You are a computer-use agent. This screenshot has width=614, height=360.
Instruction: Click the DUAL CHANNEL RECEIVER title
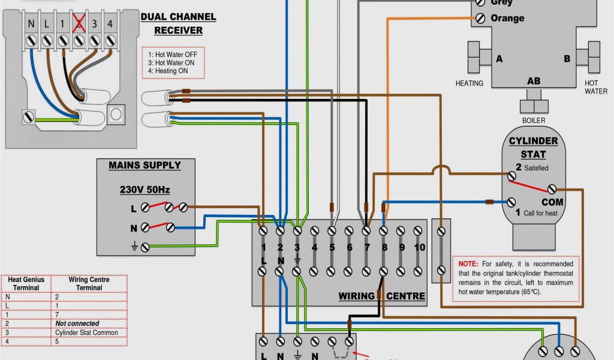click(178, 23)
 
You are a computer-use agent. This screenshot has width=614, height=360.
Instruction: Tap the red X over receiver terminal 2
click(78, 24)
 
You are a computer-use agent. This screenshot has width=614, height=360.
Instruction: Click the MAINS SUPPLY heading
click(145, 165)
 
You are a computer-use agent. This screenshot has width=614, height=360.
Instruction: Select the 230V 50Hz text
click(145, 190)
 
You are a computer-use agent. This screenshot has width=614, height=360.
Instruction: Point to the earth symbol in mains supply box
click(134, 245)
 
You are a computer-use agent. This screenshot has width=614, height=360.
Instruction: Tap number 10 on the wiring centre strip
click(419, 247)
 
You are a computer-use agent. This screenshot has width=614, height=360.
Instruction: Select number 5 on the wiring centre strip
click(332, 247)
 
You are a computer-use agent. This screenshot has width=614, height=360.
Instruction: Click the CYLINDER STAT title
click(533, 148)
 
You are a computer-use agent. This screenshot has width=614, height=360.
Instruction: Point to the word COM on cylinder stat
click(553, 202)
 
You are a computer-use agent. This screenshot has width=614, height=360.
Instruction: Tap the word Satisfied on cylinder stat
click(537, 168)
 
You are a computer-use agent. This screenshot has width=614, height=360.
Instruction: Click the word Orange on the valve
click(507, 18)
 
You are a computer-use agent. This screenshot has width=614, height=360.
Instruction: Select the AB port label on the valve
click(533, 81)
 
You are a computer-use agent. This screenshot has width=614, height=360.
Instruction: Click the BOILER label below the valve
click(533, 121)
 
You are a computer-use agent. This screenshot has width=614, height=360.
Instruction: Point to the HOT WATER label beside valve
click(595, 87)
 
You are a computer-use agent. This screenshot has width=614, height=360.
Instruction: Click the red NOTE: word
click(468, 264)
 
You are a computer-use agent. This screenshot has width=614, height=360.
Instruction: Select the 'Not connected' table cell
click(77, 323)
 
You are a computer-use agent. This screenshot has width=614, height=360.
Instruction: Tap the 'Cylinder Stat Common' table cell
click(86, 332)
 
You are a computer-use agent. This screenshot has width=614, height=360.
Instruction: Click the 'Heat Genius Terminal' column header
click(26, 283)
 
